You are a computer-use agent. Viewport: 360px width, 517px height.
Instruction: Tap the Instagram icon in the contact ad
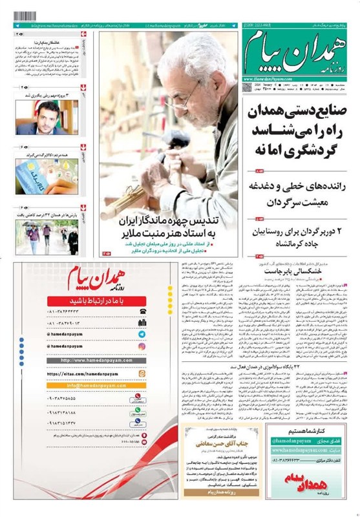(x=142, y=346)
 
